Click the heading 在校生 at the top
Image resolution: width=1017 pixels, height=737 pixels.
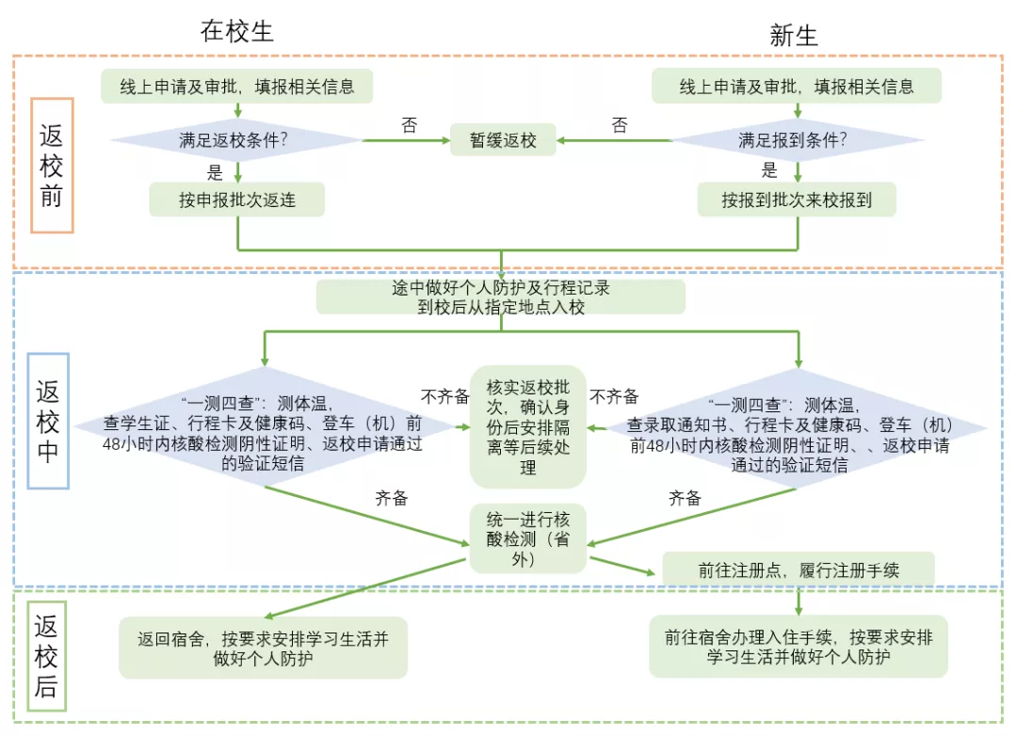pos(236,30)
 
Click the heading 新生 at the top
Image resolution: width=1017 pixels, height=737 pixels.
pos(794,36)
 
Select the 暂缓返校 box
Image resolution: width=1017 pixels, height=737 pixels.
pos(503,141)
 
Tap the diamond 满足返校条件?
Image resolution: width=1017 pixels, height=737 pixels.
pos(235,141)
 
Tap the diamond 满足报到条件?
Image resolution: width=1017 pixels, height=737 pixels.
pos(797,141)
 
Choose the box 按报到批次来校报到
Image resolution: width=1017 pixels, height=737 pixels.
pos(797,200)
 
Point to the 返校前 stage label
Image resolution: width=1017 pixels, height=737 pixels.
pos(52,165)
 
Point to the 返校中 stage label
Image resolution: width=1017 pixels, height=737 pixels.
pos(48,421)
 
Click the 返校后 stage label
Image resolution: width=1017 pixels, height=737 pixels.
pos(46,656)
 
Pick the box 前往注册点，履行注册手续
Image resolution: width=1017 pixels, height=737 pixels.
pos(799,569)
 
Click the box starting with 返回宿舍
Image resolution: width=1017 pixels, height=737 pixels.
pos(263,648)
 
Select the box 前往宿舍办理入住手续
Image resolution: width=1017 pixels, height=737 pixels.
pos(799,647)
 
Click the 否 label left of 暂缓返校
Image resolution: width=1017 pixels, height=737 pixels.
pos(409,125)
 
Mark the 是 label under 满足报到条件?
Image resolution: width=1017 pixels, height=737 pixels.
pos(769,170)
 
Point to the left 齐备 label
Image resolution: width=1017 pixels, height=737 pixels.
pos(391,499)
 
